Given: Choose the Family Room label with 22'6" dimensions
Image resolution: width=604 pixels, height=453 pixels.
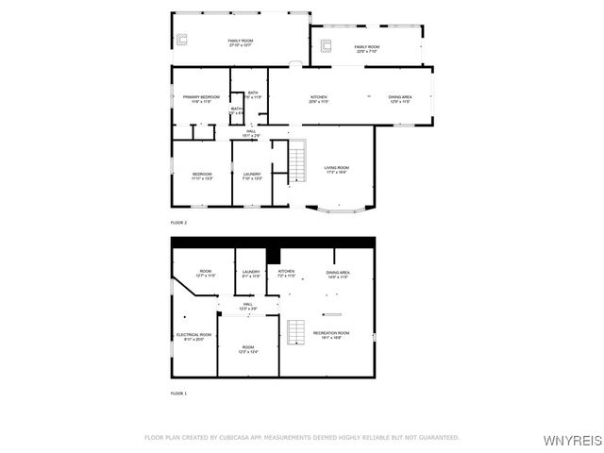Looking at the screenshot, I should tap(366, 48).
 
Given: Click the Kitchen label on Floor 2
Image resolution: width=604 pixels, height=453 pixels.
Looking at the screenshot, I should tap(319, 99).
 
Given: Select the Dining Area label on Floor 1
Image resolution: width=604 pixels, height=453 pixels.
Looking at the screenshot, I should tap(338, 274).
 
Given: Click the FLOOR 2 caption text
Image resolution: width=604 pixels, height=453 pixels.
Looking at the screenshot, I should tap(178, 222).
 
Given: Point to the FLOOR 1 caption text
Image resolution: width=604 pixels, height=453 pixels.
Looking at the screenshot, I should tap(178, 393).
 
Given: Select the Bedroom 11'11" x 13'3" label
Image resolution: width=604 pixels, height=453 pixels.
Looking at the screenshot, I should tap(202, 176).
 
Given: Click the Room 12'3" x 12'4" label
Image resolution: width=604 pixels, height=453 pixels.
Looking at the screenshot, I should tap(247, 349).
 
